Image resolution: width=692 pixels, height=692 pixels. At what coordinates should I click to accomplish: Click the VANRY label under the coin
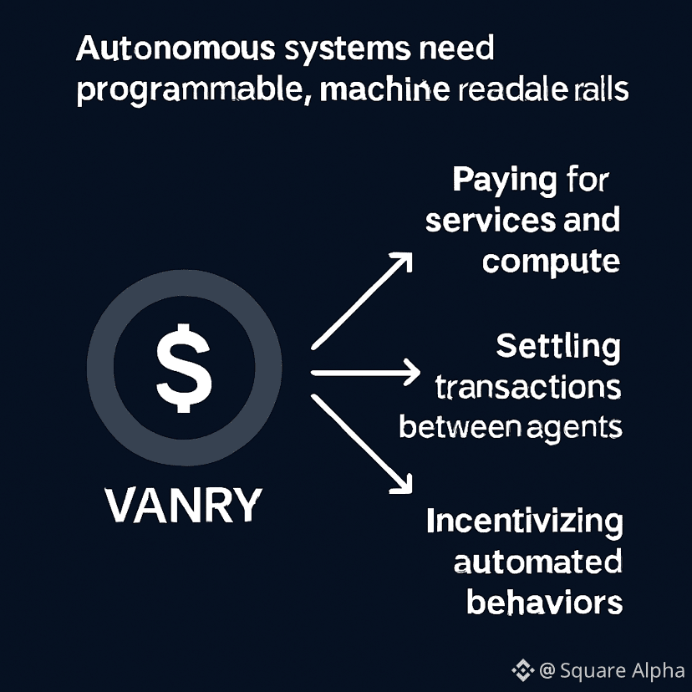(x=184, y=506)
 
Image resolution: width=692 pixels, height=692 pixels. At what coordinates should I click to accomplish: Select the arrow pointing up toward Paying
(x=362, y=300)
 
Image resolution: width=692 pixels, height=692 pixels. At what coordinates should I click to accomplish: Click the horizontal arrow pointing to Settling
(x=364, y=373)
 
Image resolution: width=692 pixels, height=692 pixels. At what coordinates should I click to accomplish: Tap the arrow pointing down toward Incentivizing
(x=362, y=443)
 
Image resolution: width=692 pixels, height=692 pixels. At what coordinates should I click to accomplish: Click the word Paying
(x=505, y=181)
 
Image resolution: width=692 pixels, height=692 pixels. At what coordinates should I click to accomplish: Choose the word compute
(x=551, y=261)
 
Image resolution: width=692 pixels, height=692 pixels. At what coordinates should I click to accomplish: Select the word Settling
(x=558, y=345)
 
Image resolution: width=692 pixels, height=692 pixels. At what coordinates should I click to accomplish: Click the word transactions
(x=528, y=387)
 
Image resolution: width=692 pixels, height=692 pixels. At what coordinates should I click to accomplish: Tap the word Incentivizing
(x=524, y=522)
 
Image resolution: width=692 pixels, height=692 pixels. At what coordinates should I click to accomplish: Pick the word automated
(x=537, y=562)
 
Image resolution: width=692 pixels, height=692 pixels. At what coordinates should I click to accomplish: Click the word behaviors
(x=544, y=602)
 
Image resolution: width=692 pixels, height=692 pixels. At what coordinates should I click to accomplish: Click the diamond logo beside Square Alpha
(x=522, y=669)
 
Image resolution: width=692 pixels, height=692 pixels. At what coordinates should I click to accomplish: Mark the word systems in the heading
(x=340, y=48)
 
